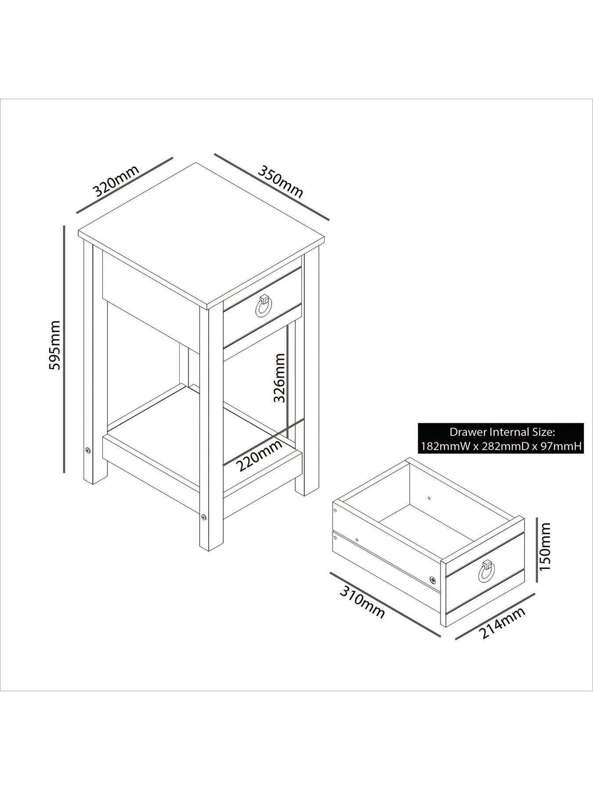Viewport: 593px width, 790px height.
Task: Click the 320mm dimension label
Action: (x=116, y=180)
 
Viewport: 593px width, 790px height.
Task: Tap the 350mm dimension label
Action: (x=280, y=181)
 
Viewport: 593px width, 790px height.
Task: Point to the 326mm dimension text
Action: (x=279, y=378)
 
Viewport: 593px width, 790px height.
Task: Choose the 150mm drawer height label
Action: (x=545, y=546)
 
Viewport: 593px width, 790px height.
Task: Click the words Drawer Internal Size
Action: (x=501, y=432)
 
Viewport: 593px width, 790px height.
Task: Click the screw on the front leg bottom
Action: (x=203, y=517)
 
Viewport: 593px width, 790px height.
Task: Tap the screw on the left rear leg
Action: (x=88, y=450)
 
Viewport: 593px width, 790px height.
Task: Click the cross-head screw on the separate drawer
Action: (x=434, y=580)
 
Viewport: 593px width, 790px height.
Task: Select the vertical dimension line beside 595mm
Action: (x=64, y=349)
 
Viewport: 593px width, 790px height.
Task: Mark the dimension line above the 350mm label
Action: (x=271, y=186)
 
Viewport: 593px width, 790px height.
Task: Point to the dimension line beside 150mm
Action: (x=537, y=550)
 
